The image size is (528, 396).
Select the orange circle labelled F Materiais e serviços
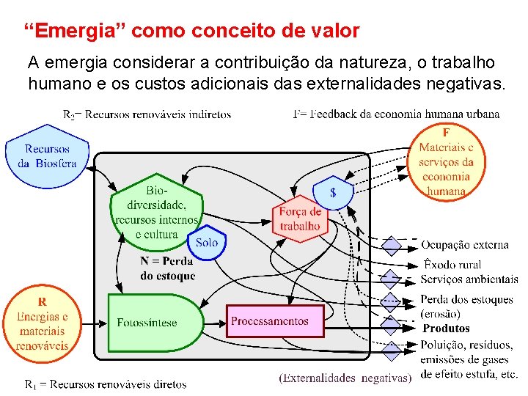(446, 162)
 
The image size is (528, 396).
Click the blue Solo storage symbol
(207, 241)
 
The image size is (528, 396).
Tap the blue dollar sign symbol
(333, 193)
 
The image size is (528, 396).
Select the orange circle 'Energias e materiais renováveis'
(42, 323)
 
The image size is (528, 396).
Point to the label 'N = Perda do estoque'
(167, 268)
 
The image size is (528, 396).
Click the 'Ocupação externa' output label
(465, 245)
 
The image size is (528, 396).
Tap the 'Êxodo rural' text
(451, 264)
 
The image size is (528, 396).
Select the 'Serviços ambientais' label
(469, 279)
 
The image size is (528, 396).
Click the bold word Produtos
(446, 329)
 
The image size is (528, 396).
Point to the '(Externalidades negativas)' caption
(345, 378)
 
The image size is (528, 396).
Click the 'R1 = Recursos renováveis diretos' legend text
(106, 384)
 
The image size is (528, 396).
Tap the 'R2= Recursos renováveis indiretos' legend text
(147, 114)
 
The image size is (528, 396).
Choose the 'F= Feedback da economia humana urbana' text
(396, 114)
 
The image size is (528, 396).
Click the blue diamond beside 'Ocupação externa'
(393, 245)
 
